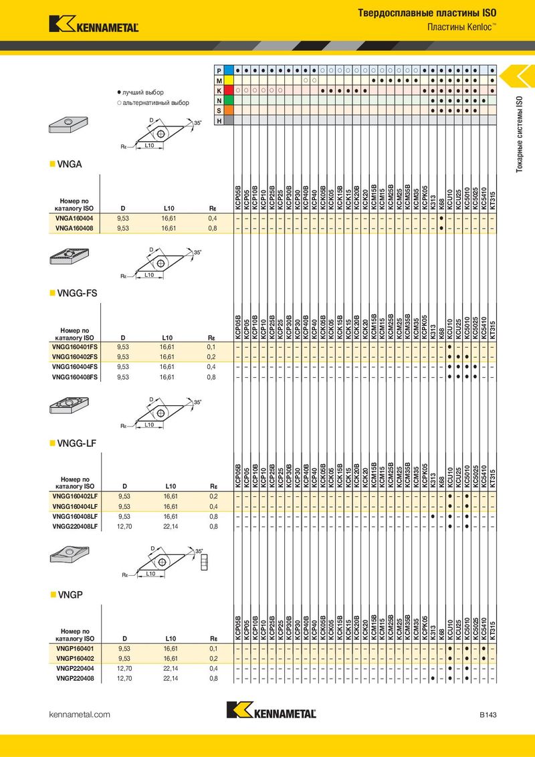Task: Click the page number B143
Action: point(488,714)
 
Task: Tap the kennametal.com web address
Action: point(80,714)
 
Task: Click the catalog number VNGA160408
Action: point(74,228)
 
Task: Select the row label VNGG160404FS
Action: point(75,367)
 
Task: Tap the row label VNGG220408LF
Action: point(75,526)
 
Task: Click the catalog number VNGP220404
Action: point(75,669)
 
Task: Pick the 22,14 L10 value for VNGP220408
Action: point(171,678)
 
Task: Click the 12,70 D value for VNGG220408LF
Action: point(124,526)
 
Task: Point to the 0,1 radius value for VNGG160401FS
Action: point(211,347)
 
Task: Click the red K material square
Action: point(229,90)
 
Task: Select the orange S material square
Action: point(229,110)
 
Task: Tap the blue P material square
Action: point(229,70)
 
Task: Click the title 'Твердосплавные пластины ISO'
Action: point(427,13)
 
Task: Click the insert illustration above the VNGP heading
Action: point(70,555)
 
